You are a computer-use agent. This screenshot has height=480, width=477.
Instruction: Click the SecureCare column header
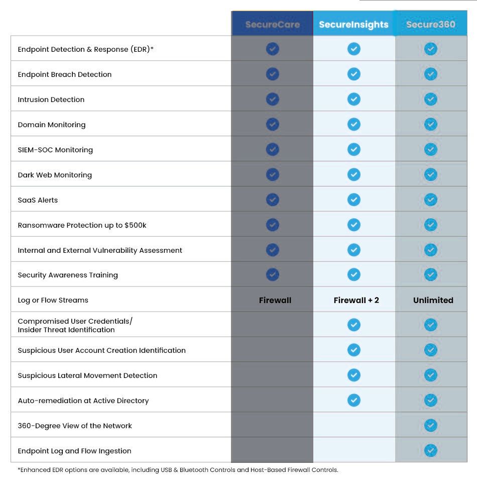tap(272, 24)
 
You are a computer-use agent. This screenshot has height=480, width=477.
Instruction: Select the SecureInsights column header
tap(353, 24)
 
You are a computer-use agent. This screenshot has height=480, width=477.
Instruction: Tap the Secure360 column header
tap(431, 24)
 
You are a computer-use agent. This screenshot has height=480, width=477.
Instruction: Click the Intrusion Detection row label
tap(51, 100)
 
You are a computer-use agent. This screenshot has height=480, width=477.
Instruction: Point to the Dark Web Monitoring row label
tap(55, 175)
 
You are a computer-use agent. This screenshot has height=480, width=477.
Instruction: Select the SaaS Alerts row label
tap(38, 200)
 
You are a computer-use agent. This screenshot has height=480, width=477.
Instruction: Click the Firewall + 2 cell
tap(356, 300)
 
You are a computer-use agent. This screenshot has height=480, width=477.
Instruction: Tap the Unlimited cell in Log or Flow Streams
tap(433, 300)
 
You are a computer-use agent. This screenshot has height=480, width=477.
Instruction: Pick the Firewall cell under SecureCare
tap(275, 300)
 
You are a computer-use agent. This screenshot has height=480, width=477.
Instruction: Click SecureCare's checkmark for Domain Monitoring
tap(272, 124)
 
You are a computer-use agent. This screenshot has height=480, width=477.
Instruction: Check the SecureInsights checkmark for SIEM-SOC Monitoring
tap(354, 149)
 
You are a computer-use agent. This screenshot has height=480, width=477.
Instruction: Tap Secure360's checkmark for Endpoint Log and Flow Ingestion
tap(431, 450)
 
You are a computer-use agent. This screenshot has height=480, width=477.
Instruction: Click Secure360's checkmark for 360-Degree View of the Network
tap(431, 425)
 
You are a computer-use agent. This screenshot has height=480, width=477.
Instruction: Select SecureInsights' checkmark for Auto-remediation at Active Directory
tap(354, 400)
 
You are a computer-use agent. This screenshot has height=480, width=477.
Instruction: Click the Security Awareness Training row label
tap(68, 275)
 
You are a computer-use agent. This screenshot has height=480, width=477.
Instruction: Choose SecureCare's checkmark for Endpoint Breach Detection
tap(272, 74)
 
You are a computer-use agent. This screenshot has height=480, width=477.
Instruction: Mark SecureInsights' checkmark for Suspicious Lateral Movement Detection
tap(354, 375)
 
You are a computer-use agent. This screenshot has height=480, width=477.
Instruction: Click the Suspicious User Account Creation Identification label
tap(101, 350)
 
